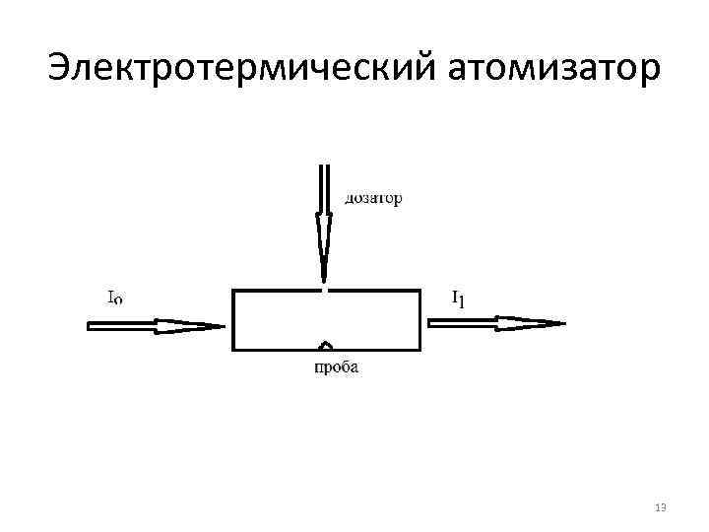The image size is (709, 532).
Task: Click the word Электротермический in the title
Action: (x=242, y=69)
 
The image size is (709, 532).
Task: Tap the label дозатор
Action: (x=373, y=199)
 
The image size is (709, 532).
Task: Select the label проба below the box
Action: (x=336, y=368)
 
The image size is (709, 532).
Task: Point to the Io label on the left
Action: (x=114, y=296)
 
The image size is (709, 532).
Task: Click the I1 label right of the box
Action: (x=458, y=297)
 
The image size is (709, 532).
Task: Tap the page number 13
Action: (x=660, y=507)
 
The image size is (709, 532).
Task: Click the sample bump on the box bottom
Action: (x=326, y=346)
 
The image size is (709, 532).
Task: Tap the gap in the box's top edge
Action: (x=324, y=291)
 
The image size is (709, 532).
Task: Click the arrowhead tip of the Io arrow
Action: (x=226, y=326)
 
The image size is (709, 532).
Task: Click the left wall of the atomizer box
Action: (x=233, y=320)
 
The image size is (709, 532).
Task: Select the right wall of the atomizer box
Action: (x=420, y=320)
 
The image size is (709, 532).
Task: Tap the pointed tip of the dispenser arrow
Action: (x=323, y=281)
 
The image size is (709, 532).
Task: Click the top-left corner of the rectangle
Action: (x=233, y=291)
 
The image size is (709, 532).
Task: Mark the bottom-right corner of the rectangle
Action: (x=420, y=350)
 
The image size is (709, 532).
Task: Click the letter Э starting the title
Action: (x=60, y=69)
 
